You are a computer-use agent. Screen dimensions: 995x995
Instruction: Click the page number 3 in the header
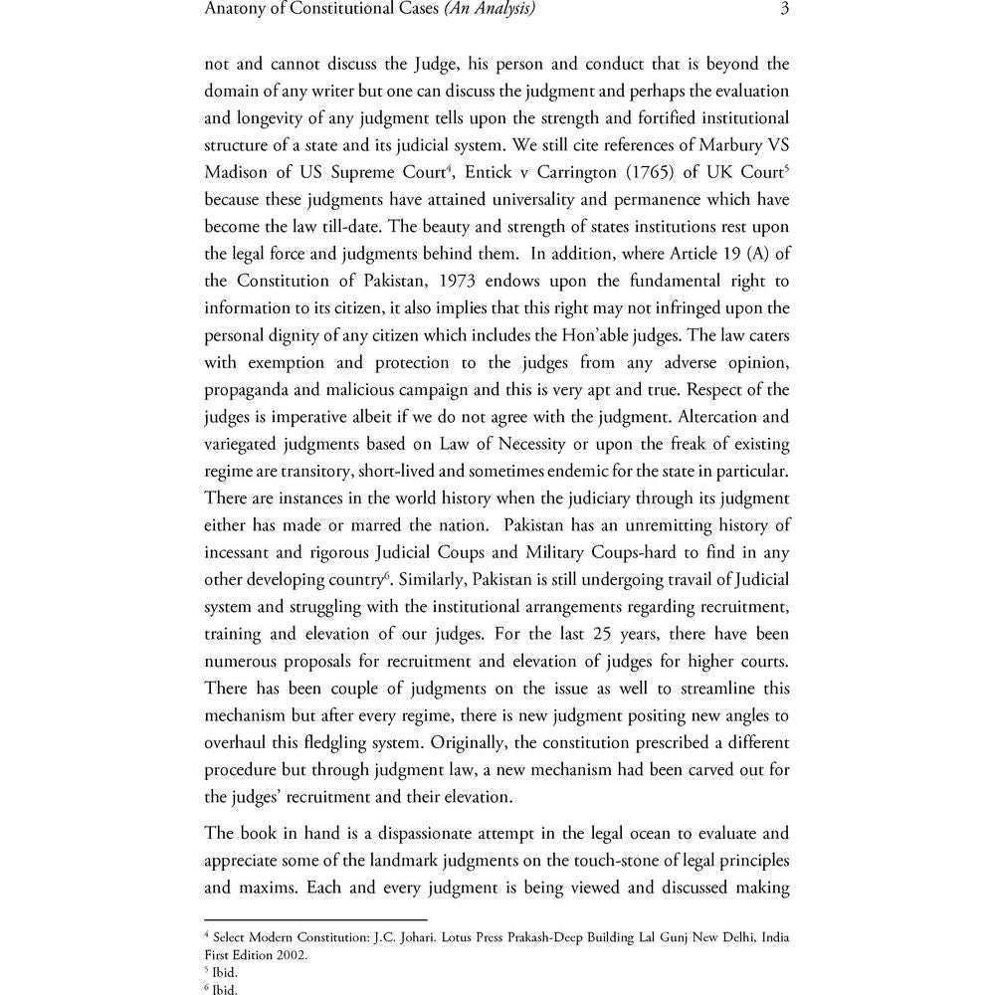coord(784,10)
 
